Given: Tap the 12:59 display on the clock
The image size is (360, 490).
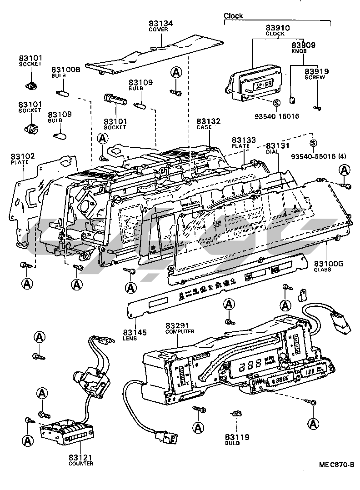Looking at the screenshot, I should point(263,84).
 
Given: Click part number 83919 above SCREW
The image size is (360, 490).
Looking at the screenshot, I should point(316,71).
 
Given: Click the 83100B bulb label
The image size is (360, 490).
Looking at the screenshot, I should point(65,70).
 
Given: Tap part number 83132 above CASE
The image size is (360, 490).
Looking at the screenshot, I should point(209,121).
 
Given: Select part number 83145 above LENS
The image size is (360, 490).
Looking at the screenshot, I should point(135,333).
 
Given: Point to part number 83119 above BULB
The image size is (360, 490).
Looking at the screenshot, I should point(237,438).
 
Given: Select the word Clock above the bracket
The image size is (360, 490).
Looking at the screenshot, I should point(233,16).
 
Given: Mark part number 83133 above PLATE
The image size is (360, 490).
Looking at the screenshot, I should point(244,140).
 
